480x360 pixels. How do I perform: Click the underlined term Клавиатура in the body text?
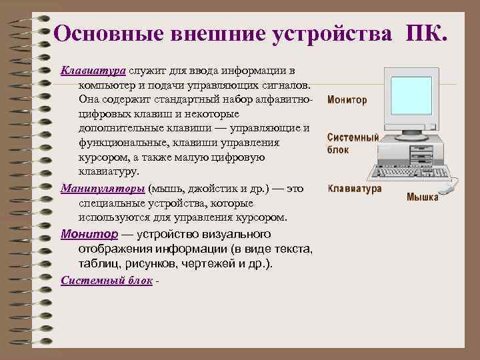click(x=93, y=71)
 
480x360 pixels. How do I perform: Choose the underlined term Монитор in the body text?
click(x=89, y=234)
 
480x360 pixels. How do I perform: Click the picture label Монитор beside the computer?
click(x=347, y=100)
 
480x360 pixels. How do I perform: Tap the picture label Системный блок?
click(x=352, y=143)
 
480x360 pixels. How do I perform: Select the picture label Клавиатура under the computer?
click(x=355, y=189)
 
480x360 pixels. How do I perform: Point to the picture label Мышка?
click(x=423, y=198)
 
